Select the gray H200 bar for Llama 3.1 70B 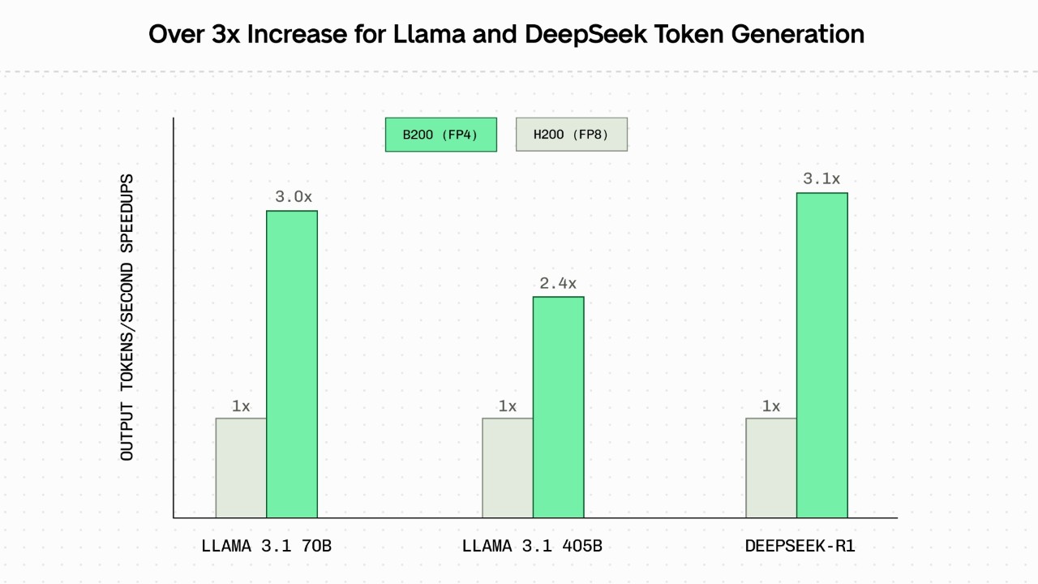pos(241,467)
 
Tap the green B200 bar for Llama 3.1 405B pos(558,406)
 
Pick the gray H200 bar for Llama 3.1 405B pos(508,467)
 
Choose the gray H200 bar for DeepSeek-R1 pos(771,467)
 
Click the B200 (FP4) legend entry pos(440,135)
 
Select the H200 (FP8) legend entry pos(571,135)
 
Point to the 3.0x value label pos(293,197)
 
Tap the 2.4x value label pos(558,283)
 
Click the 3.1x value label pos(821,179)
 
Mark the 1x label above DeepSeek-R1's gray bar pos(771,406)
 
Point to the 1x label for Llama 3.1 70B pos(241,406)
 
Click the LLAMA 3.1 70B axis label pos(266,546)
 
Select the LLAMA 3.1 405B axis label pos(532,546)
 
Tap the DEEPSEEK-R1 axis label pos(800,546)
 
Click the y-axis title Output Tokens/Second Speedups pos(127,317)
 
